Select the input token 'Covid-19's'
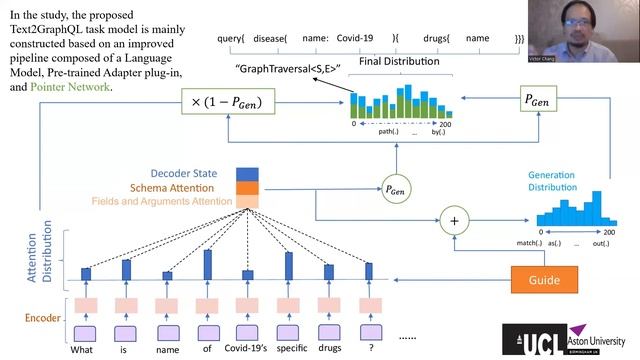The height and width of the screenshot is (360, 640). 248,349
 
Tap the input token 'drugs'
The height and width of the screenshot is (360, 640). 327,349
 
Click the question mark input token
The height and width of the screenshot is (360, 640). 369,349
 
